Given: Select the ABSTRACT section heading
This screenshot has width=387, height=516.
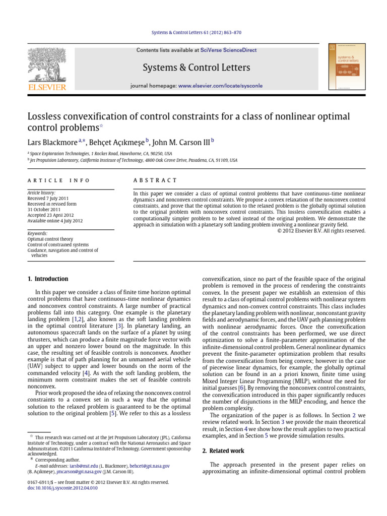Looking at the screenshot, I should point(155,180).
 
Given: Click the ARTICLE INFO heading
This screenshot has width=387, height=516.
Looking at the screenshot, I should point(58,180).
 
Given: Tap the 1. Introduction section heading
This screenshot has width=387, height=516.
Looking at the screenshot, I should point(47,279).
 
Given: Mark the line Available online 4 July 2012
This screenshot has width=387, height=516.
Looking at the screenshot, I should point(55,221).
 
